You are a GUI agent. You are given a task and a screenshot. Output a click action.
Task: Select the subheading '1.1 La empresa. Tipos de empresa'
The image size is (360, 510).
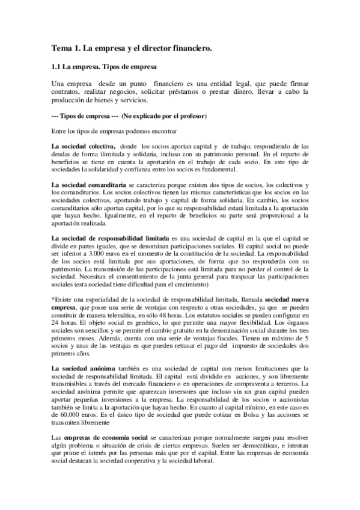click(x=103, y=66)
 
